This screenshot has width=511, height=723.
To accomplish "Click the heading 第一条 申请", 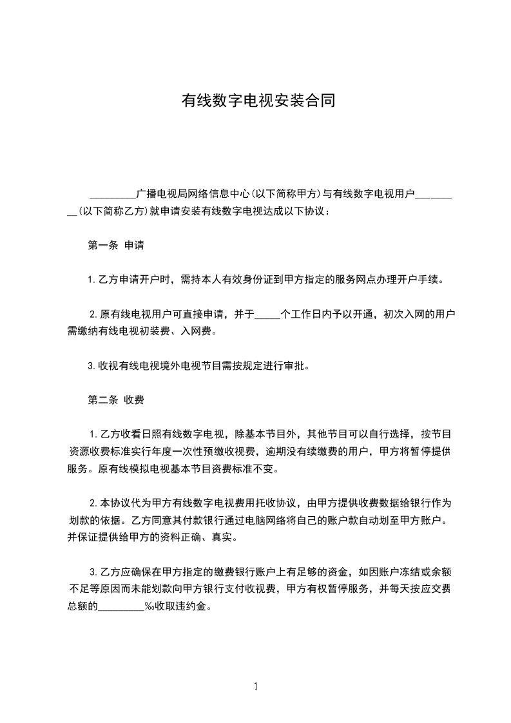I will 115,245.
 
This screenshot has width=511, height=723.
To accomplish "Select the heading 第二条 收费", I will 115,400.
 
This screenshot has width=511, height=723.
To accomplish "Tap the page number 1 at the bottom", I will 256,686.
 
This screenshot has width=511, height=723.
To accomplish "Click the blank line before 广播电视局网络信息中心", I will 113,194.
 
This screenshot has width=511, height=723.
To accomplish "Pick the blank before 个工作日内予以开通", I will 268,315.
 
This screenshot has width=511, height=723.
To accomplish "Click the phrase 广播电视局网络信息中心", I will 193,193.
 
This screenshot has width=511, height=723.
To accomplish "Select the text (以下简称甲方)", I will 284,193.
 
